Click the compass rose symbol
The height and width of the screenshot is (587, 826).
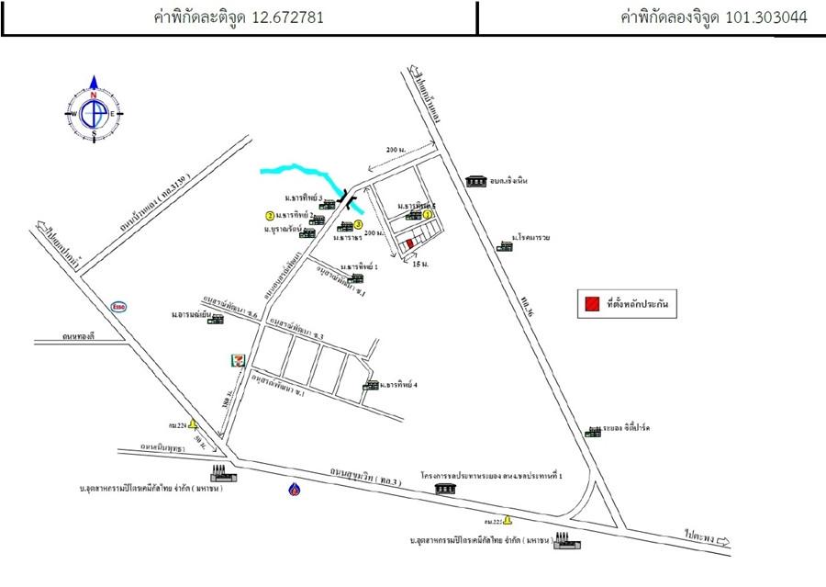coord(93,112)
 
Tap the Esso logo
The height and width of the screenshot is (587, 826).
coord(118,306)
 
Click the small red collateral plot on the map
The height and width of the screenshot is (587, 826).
coord(408,243)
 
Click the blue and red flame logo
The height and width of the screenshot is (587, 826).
coord(293,489)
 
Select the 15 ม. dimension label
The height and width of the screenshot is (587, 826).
coord(420,264)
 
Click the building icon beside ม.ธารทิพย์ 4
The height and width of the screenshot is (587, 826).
coord(370,385)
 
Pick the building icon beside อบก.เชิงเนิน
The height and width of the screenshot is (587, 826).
coord(475,181)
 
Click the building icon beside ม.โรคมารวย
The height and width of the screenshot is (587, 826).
coord(504,245)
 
